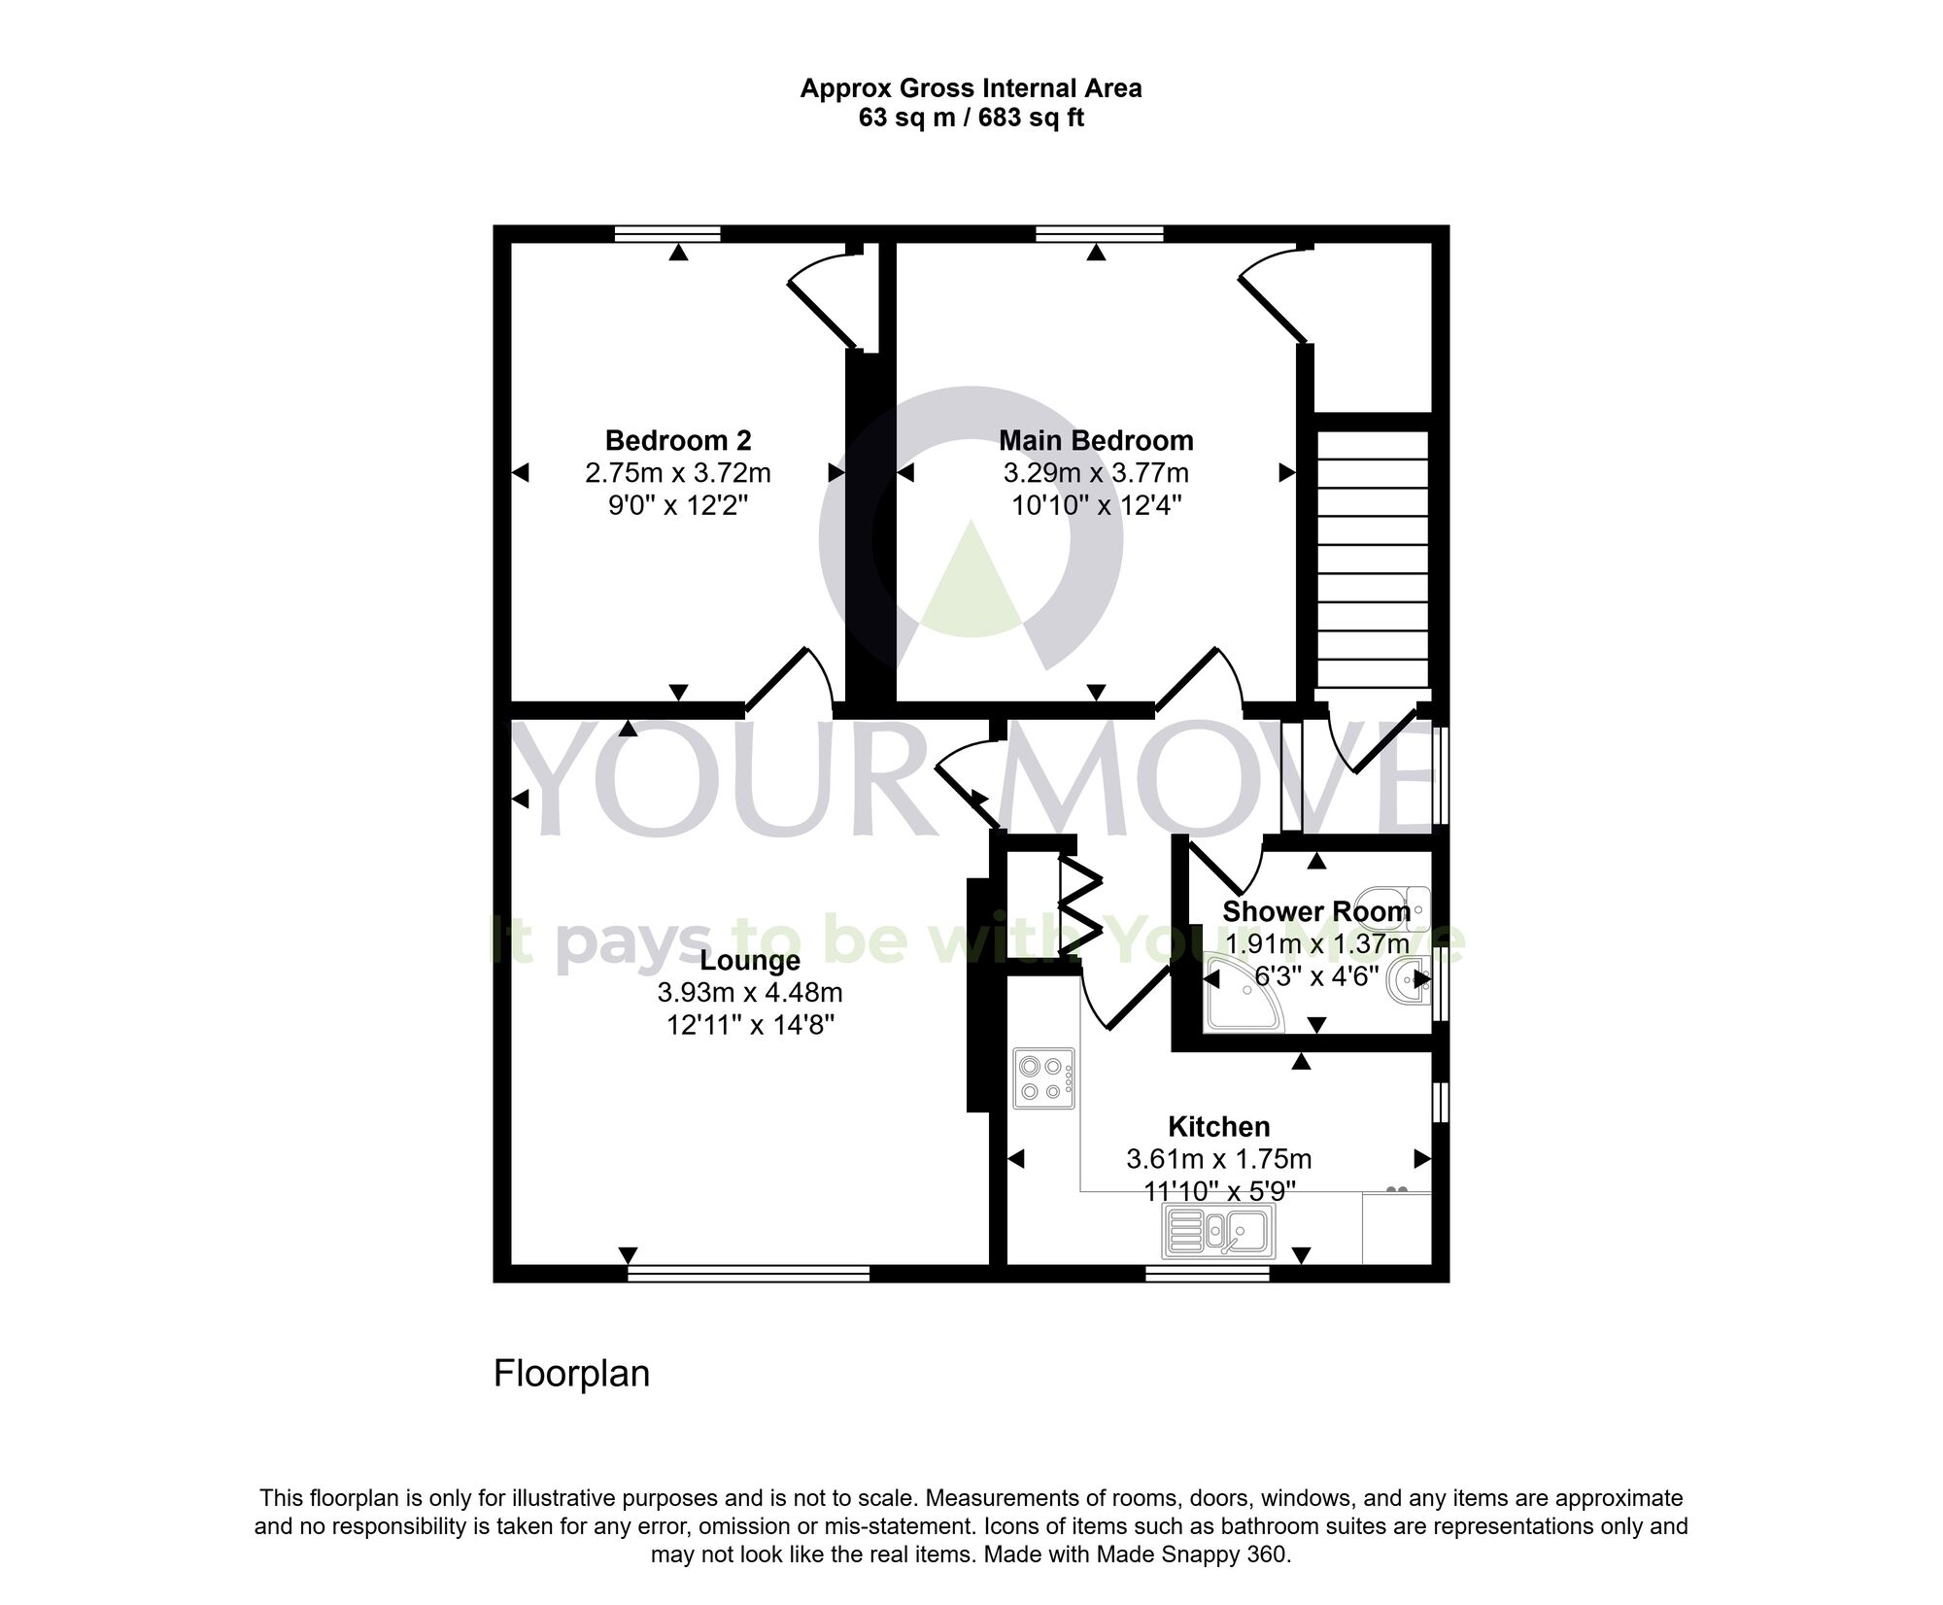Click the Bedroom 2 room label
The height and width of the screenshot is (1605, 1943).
pyautogui.click(x=678, y=441)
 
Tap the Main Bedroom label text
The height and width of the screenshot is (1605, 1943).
pyautogui.click(x=1096, y=441)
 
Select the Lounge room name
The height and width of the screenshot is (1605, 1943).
pyautogui.click(x=750, y=961)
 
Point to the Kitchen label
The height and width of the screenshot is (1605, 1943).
pyautogui.click(x=1218, y=1127)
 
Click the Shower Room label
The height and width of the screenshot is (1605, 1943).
pyautogui.click(x=1315, y=911)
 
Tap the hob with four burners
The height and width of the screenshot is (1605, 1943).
pyautogui.click(x=1044, y=1078)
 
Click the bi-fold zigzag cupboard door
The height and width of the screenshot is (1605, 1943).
pyautogui.click(x=1080, y=905)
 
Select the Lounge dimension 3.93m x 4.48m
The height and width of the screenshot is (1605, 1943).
pyautogui.click(x=750, y=993)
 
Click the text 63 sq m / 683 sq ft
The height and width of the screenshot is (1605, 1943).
pyautogui.click(x=971, y=119)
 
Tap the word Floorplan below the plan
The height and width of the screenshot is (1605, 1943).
pyautogui.click(x=571, y=1374)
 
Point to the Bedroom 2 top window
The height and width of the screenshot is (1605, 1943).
pyautogui.click(x=667, y=233)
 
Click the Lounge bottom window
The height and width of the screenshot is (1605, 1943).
pyautogui.click(x=748, y=1273)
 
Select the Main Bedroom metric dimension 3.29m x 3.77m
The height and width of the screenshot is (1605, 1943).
pyautogui.click(x=1096, y=473)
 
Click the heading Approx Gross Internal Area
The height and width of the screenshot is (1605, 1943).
pyautogui.click(x=971, y=88)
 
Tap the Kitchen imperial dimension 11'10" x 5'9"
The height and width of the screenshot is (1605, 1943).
pyautogui.click(x=1218, y=1191)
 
